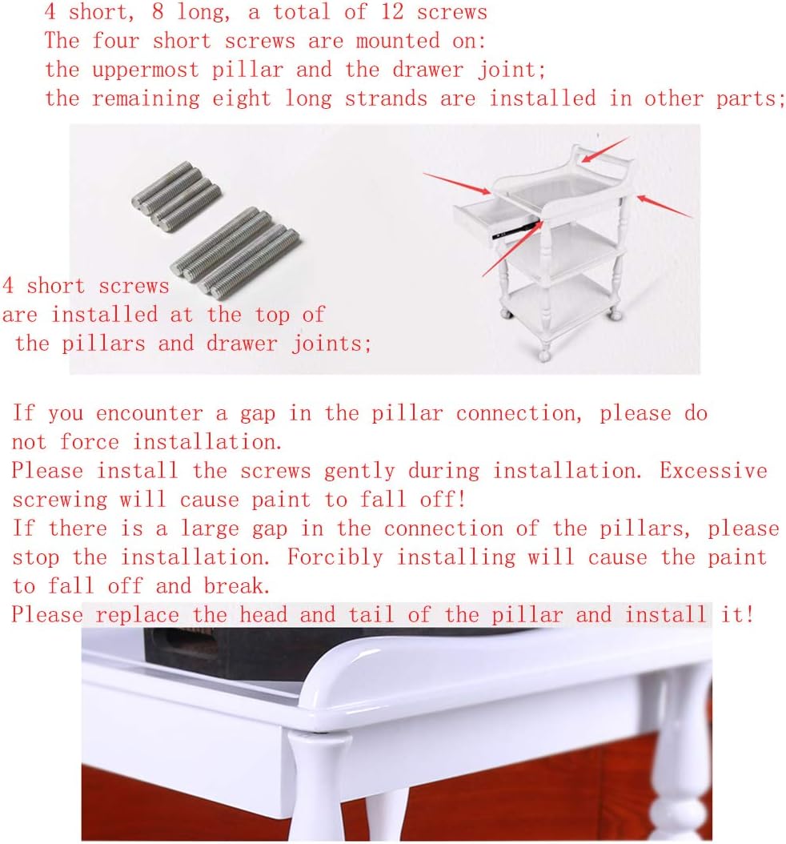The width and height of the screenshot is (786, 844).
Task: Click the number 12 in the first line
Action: [392, 12]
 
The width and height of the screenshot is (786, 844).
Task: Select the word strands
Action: [386, 99]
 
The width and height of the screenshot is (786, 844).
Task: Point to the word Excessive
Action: [713, 471]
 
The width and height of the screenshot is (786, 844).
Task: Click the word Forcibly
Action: [335, 557]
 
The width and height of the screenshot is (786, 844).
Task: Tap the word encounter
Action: [150, 414]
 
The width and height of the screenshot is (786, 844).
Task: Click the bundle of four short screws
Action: [176, 196]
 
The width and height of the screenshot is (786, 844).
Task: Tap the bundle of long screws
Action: [235, 252]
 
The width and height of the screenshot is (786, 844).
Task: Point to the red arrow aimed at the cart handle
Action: [604, 150]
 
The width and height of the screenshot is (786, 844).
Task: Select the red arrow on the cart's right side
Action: [665, 207]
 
